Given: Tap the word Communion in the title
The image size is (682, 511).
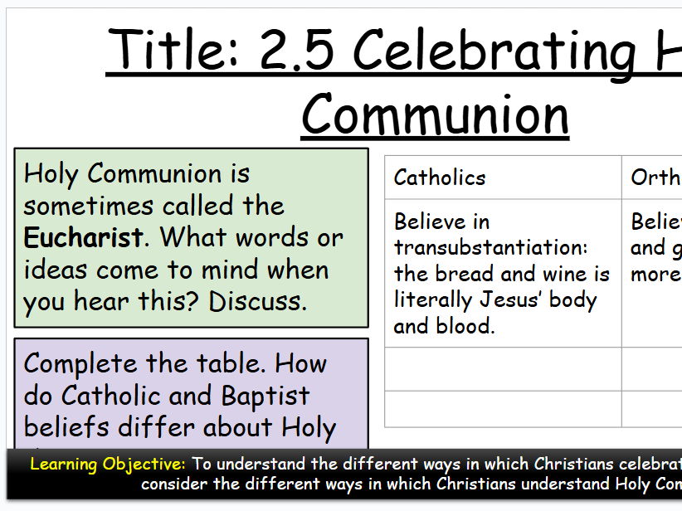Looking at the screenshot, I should tap(435, 115).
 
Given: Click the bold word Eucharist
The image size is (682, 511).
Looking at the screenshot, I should tap(83, 238).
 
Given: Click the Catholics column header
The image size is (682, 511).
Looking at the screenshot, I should tap(440, 178).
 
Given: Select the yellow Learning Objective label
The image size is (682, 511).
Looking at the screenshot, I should tap(108, 464).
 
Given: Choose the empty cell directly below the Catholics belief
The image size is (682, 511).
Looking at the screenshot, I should tap(503, 369).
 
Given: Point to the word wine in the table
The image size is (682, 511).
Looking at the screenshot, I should tap(556, 274).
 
